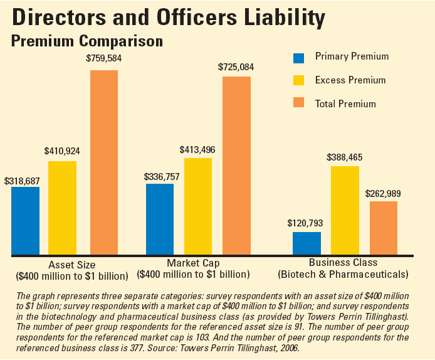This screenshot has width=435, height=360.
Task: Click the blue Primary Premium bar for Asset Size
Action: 25,221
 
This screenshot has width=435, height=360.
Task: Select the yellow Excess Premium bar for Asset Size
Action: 62,208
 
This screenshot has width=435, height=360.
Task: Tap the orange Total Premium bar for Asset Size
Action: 104,162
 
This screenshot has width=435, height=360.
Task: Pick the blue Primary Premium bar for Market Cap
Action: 160,219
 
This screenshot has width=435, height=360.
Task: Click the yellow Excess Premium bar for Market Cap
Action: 197,206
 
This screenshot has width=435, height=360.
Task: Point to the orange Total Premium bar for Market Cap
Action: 236,166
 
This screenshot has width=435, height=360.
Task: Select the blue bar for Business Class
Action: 307,243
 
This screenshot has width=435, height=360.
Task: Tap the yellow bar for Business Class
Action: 345,210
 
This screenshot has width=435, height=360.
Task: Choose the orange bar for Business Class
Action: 384,228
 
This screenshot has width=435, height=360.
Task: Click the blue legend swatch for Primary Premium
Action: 299,58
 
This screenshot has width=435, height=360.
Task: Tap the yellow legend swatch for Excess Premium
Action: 299,80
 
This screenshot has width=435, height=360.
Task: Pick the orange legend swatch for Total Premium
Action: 299,103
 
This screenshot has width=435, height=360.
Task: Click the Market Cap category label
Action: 193,263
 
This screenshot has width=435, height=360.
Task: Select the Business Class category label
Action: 343,263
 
